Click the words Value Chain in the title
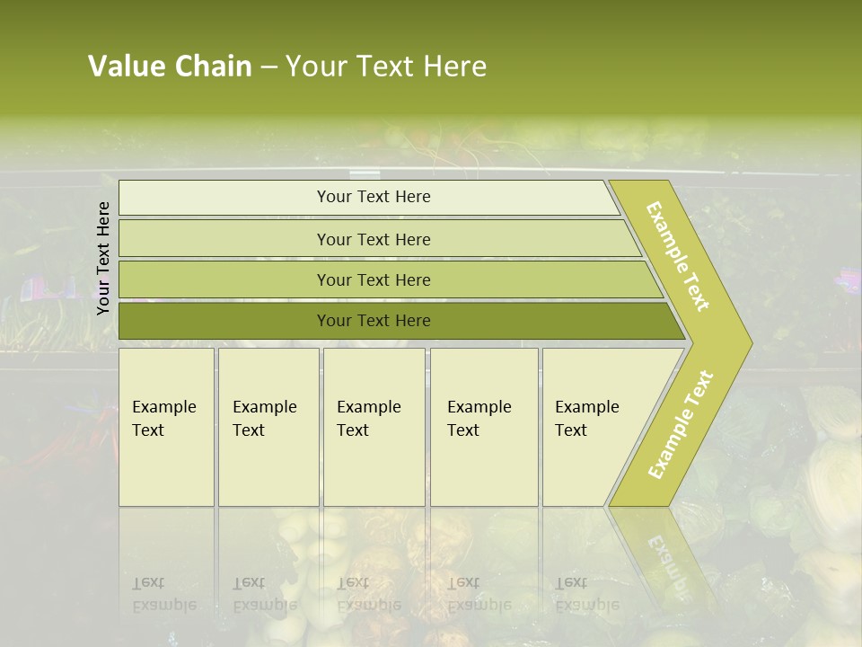point(170,66)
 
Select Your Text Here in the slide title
point(386,66)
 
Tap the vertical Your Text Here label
point(103,258)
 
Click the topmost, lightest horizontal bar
point(373,197)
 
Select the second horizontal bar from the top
point(373,239)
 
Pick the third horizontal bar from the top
point(373,279)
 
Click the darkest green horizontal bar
point(373,321)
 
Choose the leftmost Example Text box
point(166,427)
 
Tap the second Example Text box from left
point(268,427)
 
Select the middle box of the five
point(374,427)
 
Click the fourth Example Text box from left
point(484,427)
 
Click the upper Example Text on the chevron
point(678,256)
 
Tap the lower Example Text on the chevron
point(681,425)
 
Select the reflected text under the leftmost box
point(163,594)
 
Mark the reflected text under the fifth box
point(586,594)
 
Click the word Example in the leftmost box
point(163,407)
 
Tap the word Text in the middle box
point(353,430)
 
